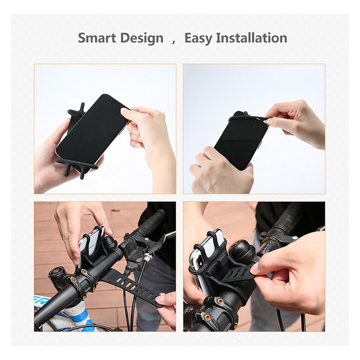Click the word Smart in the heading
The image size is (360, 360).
[97, 38]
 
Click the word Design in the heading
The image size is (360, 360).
[142, 38]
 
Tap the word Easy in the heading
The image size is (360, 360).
[198, 38]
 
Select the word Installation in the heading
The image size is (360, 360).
[252, 38]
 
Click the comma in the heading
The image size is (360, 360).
[174, 42]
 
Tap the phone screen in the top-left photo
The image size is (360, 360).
[92, 129]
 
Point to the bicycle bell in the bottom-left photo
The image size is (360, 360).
[110, 244]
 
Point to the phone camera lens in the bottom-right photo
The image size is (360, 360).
[198, 262]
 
